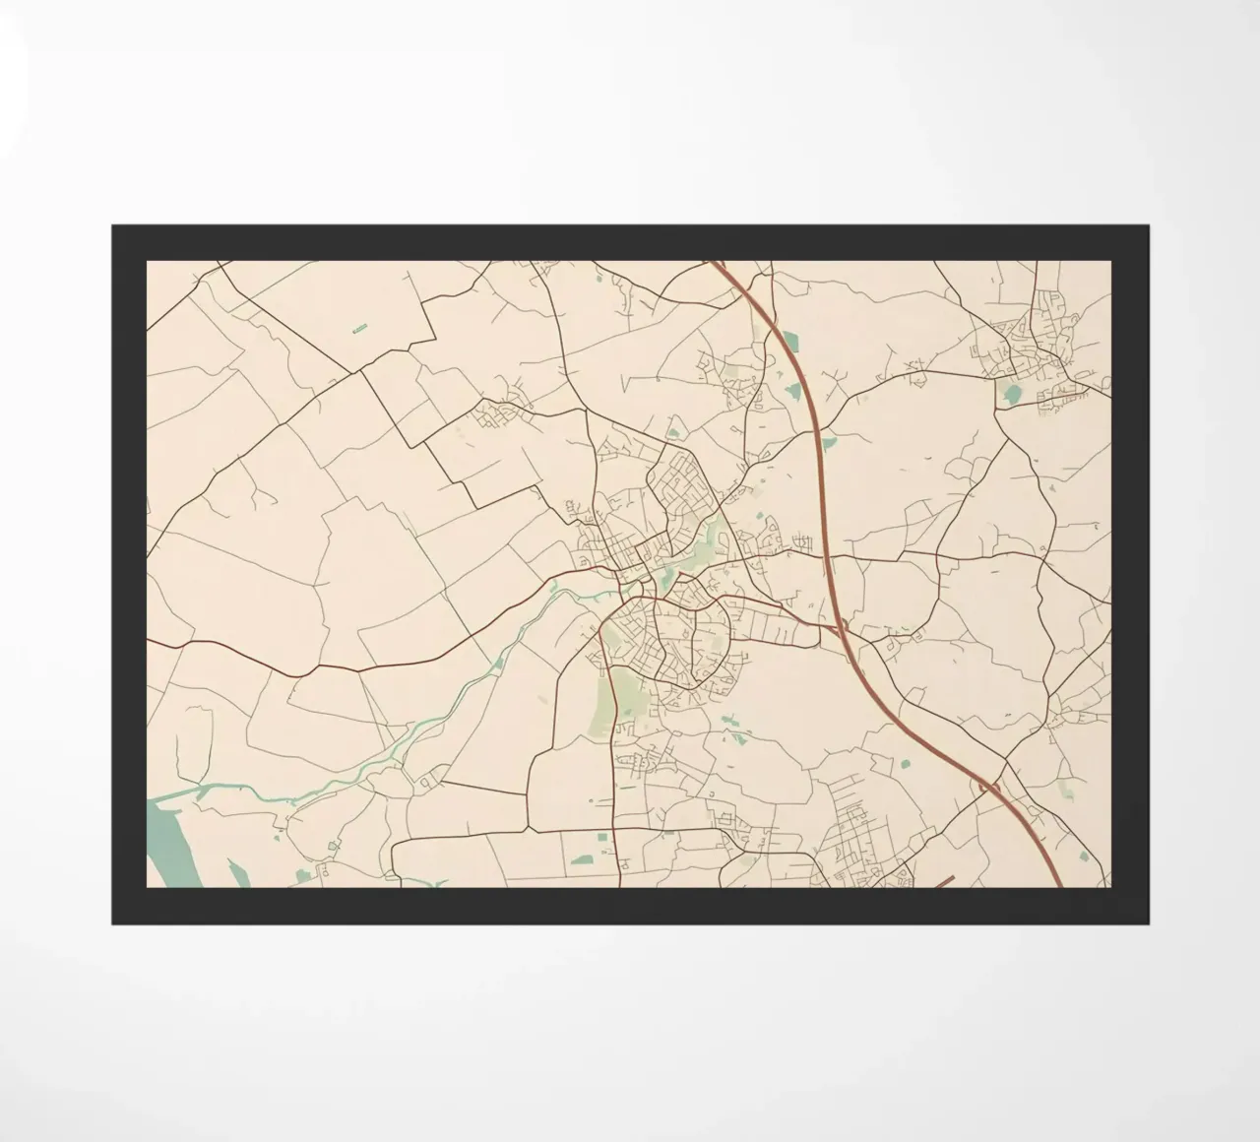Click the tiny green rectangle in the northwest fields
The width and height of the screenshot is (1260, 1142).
tap(359, 326)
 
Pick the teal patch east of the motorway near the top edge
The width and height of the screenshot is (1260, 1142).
tap(792, 341)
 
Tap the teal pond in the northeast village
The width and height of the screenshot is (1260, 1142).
tap(1010, 395)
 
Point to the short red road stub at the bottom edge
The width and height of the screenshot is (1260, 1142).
tap(942, 881)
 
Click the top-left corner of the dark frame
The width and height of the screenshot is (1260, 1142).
tap(113, 226)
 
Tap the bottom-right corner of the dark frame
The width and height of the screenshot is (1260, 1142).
tap(1147, 922)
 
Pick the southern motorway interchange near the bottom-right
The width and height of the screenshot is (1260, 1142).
tap(989, 786)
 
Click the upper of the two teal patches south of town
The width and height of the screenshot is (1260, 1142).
tap(729, 723)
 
